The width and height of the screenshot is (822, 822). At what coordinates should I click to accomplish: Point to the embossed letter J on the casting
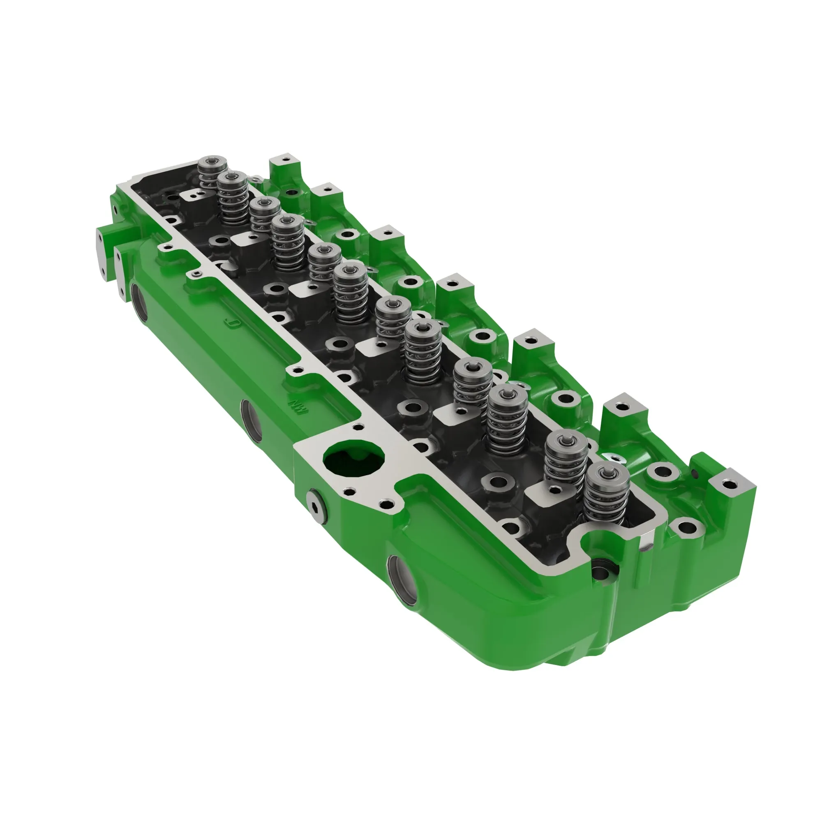pos(232,324)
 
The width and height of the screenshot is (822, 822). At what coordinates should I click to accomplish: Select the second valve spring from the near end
pos(566,460)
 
